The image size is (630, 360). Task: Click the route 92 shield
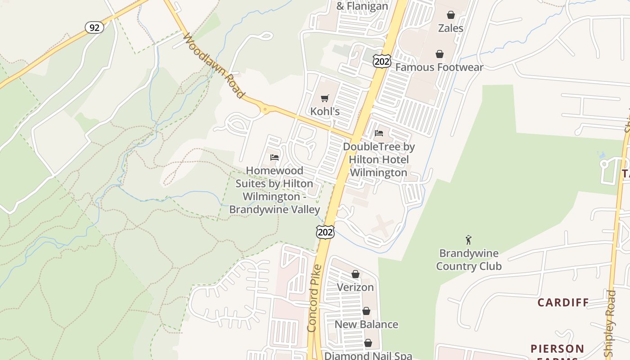pyautogui.click(x=94, y=27)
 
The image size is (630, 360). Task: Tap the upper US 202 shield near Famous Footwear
pyautogui.click(x=382, y=61)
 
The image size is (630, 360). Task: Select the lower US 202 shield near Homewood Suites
pyautogui.click(x=325, y=232)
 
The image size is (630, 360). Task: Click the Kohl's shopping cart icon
pyautogui.click(x=325, y=98)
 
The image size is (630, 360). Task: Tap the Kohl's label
pyautogui.click(x=325, y=111)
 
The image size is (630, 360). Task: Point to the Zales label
pyautogui.click(x=450, y=28)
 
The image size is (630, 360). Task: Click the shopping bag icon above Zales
pyautogui.click(x=450, y=15)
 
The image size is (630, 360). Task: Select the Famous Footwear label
pyautogui.click(x=439, y=67)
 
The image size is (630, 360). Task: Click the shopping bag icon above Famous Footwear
pyautogui.click(x=439, y=54)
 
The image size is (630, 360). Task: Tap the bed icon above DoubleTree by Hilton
pyautogui.click(x=379, y=133)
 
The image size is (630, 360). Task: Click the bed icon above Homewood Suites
pyautogui.click(x=274, y=157)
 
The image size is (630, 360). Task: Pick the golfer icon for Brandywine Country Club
pyautogui.click(x=468, y=240)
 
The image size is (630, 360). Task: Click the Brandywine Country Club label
pyautogui.click(x=468, y=260)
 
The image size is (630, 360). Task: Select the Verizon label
pyautogui.click(x=355, y=287)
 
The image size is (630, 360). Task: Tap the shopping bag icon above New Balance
pyautogui.click(x=366, y=311)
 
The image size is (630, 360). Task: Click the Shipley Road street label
pyautogui.click(x=610, y=323)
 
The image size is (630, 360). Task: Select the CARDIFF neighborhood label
pyautogui.click(x=563, y=302)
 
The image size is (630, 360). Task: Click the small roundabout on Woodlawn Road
pyautogui.click(x=265, y=108)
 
